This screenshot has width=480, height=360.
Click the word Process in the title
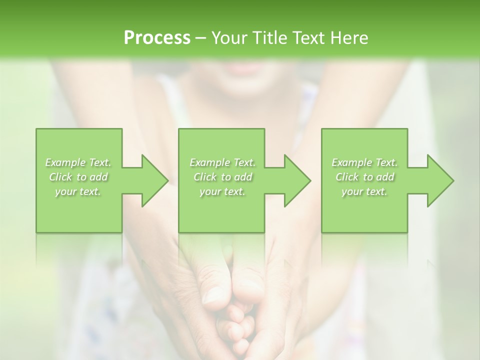coord(157,38)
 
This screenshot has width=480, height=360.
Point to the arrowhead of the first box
coord(155,180)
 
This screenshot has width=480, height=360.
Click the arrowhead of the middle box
coord(298,180)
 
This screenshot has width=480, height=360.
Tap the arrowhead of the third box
coord(440,180)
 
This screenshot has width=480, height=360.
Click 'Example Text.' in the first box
coord(78,162)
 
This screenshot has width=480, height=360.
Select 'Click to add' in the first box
coord(78,177)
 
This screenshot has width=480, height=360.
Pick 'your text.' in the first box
coord(78,191)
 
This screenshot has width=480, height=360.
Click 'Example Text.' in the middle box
coord(222,162)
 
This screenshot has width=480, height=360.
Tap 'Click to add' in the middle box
coord(222,177)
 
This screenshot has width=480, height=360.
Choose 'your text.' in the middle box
coord(222,191)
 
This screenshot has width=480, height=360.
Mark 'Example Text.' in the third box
coord(364,162)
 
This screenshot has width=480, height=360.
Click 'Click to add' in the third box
coord(364,177)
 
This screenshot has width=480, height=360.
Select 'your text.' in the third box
coord(364,191)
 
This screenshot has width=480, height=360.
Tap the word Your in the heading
coord(228,38)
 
